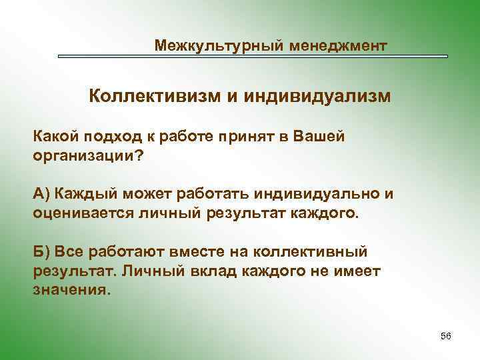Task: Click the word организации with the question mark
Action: (x=88, y=155)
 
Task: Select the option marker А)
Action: (x=42, y=194)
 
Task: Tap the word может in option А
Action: (x=146, y=194)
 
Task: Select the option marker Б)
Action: (x=42, y=253)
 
